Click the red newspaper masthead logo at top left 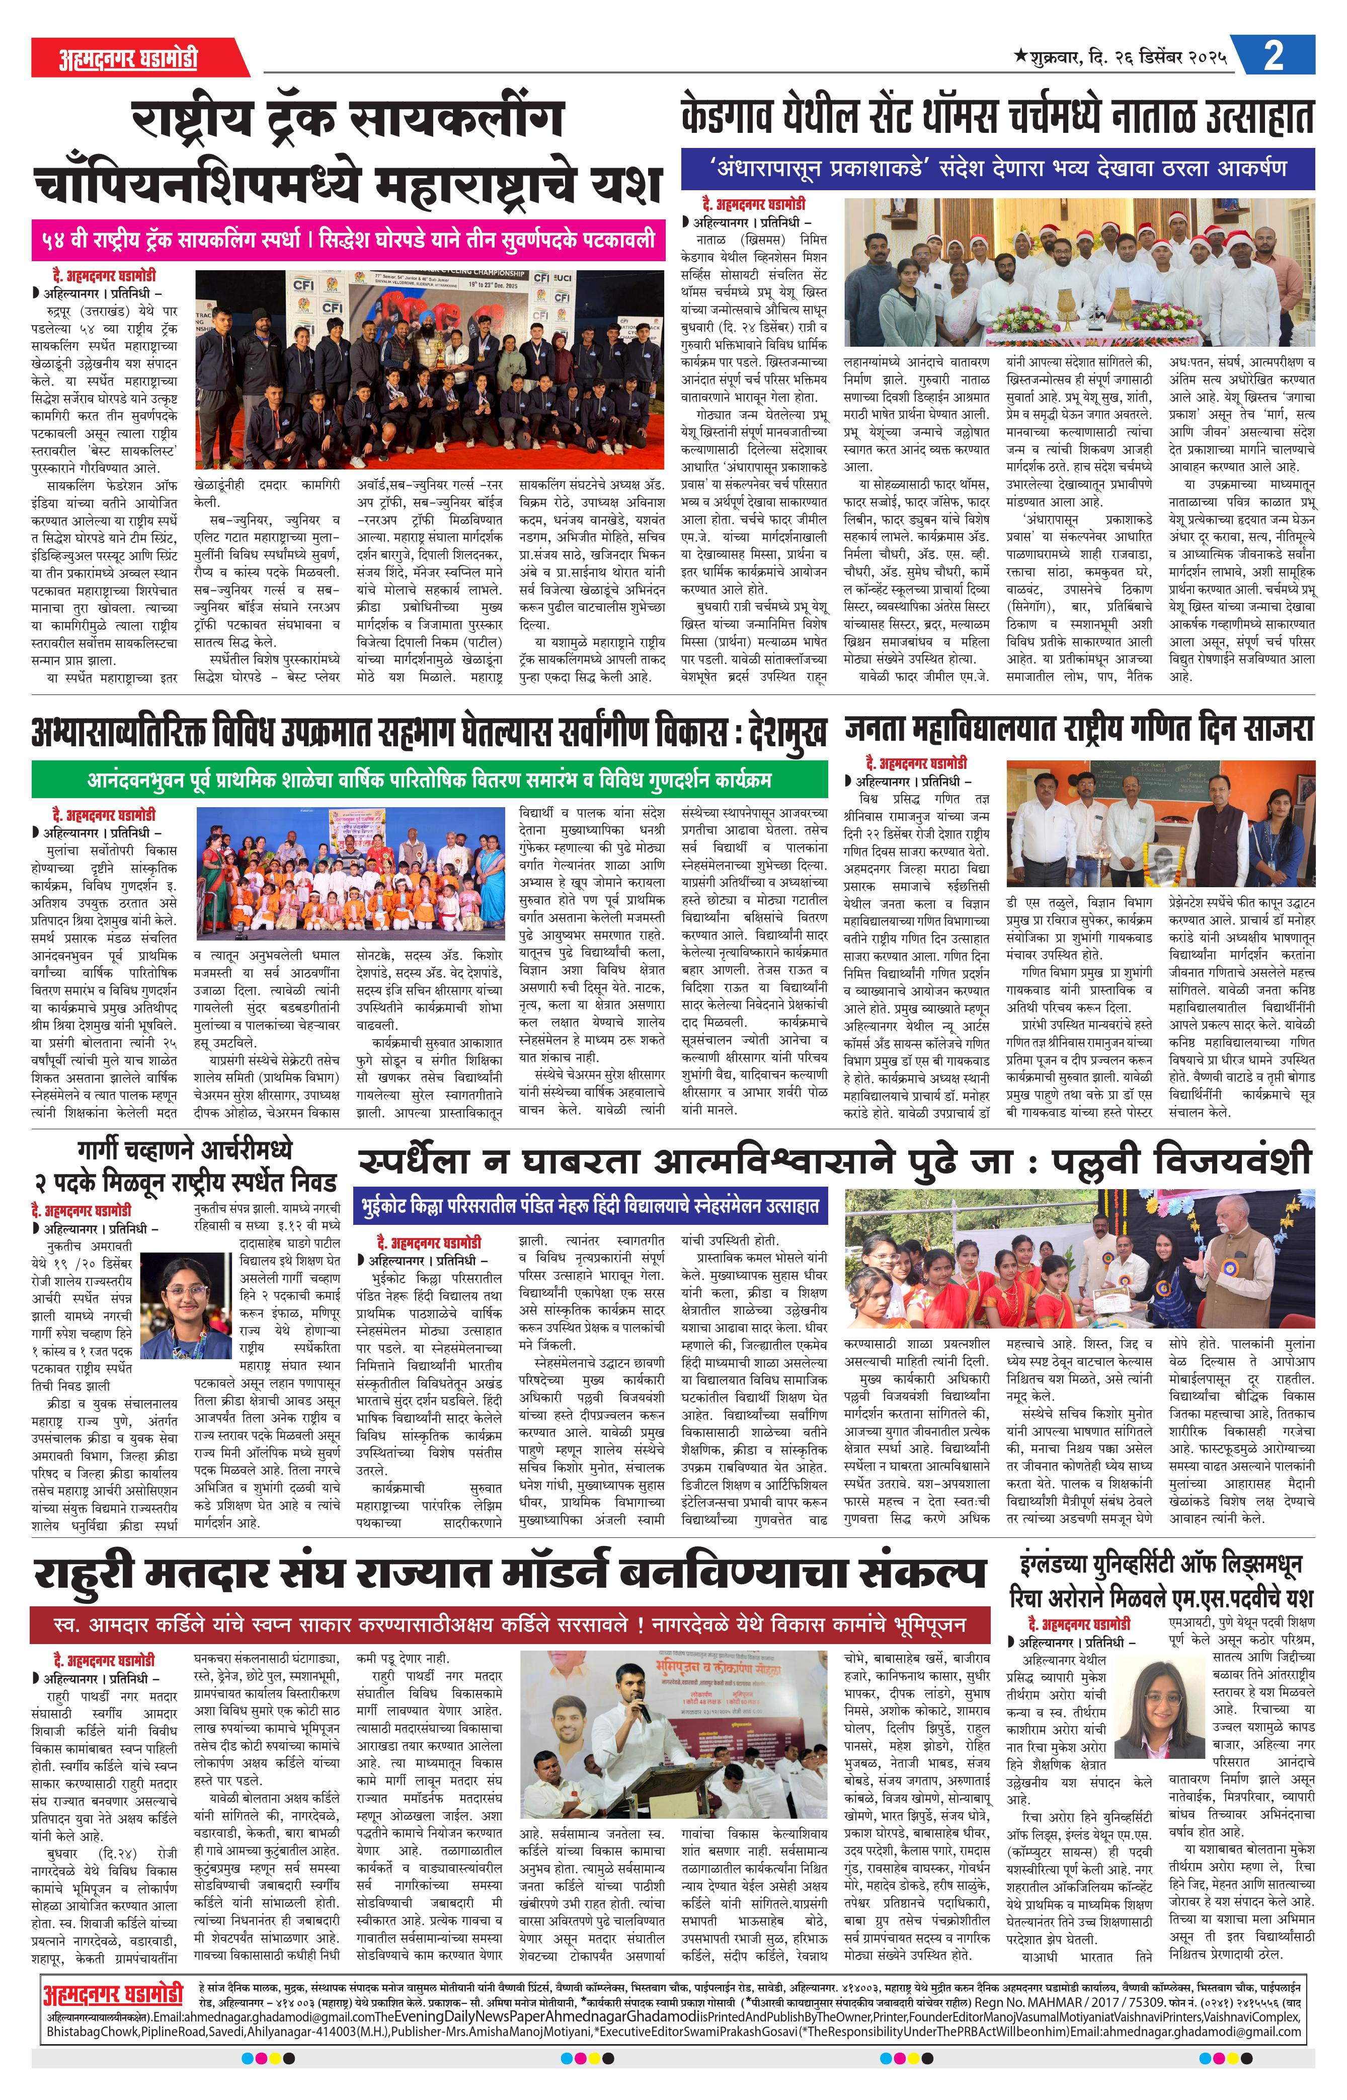coord(129,58)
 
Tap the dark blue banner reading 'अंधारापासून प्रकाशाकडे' coord(997,168)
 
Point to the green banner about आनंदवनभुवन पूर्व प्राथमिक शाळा coord(429,779)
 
